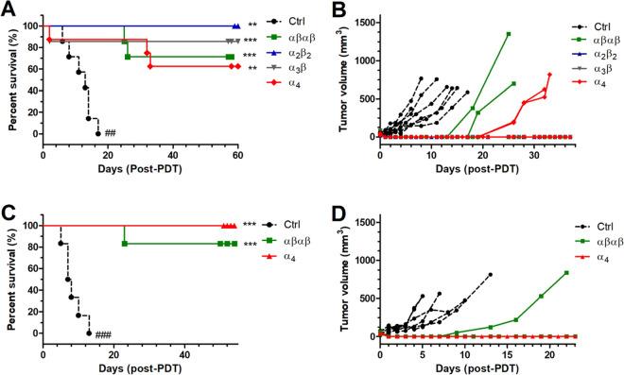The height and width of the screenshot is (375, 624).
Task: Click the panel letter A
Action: point(7,9)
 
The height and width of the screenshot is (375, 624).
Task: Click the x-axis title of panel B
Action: point(476,170)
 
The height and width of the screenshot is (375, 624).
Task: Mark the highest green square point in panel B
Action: point(509,34)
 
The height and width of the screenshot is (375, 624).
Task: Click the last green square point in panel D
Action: point(566,273)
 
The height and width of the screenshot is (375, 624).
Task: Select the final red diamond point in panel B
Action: point(549,75)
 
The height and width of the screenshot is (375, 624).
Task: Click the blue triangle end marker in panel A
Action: point(235,26)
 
